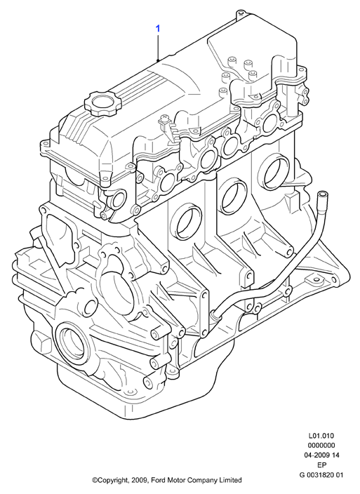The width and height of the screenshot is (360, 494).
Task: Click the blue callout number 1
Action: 158,29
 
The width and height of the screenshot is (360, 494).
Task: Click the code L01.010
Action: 321,436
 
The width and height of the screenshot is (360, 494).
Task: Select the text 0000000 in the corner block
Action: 321,446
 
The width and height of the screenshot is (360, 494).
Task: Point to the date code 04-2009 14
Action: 321,455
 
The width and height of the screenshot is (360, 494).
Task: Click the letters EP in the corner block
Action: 321,465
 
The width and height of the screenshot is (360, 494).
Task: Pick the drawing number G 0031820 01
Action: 321,474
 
